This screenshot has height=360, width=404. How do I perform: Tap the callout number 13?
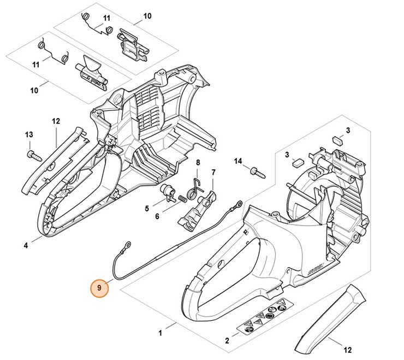pyautogui.click(x=29, y=135)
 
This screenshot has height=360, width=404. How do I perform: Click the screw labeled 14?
pyautogui.click(x=255, y=172)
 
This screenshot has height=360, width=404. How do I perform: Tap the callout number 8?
pyautogui.click(x=198, y=162)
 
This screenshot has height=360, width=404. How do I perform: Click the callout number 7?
pyautogui.click(x=213, y=173)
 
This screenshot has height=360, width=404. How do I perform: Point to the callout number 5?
pyautogui.click(x=147, y=208)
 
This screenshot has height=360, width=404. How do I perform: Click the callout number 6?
pyautogui.click(x=156, y=216)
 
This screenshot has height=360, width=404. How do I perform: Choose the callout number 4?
pyautogui.click(x=26, y=246)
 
